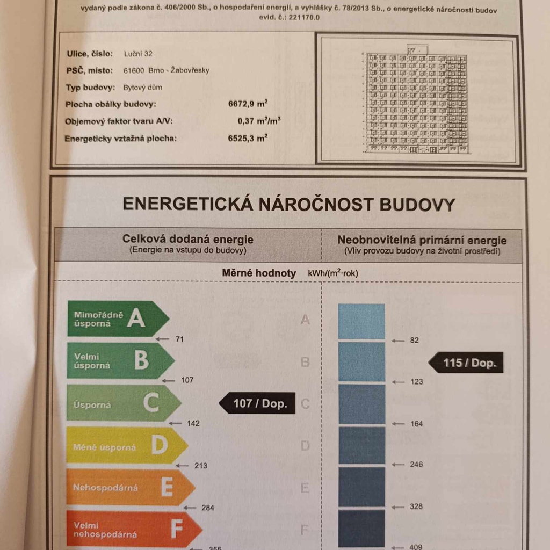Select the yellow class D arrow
(x=126, y=446)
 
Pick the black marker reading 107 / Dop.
(x=258, y=403)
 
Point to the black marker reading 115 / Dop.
(x=466, y=363)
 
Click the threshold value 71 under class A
(x=179, y=339)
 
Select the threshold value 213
(x=200, y=466)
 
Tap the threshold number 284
(x=207, y=508)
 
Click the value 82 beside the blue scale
(x=414, y=341)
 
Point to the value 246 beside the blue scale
(x=416, y=465)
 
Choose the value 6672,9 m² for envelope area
(x=248, y=104)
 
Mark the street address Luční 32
(x=138, y=54)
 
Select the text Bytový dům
(x=142, y=87)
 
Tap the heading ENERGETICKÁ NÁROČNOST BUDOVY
(x=288, y=205)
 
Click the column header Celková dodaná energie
(x=188, y=240)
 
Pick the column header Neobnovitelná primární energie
(x=422, y=240)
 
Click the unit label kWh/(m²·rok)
(x=333, y=273)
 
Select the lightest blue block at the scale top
(x=361, y=321)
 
